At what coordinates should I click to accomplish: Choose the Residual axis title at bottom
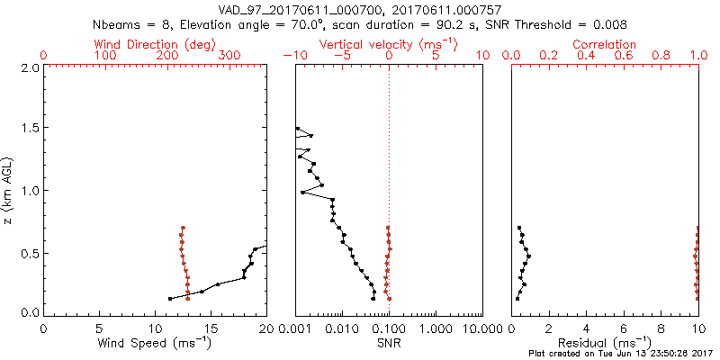point(605,343)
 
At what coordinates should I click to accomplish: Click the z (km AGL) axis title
point(9,191)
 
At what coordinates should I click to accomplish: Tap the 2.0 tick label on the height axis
point(29,67)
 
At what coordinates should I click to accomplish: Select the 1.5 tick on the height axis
point(29,129)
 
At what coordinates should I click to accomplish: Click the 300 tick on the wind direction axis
point(229,56)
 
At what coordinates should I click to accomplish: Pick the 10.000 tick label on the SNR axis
point(481,328)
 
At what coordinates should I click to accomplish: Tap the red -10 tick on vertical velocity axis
point(292,56)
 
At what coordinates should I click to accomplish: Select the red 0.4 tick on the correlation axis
point(586,56)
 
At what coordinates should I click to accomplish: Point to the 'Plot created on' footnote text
point(621,354)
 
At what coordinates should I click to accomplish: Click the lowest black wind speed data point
point(170,298)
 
